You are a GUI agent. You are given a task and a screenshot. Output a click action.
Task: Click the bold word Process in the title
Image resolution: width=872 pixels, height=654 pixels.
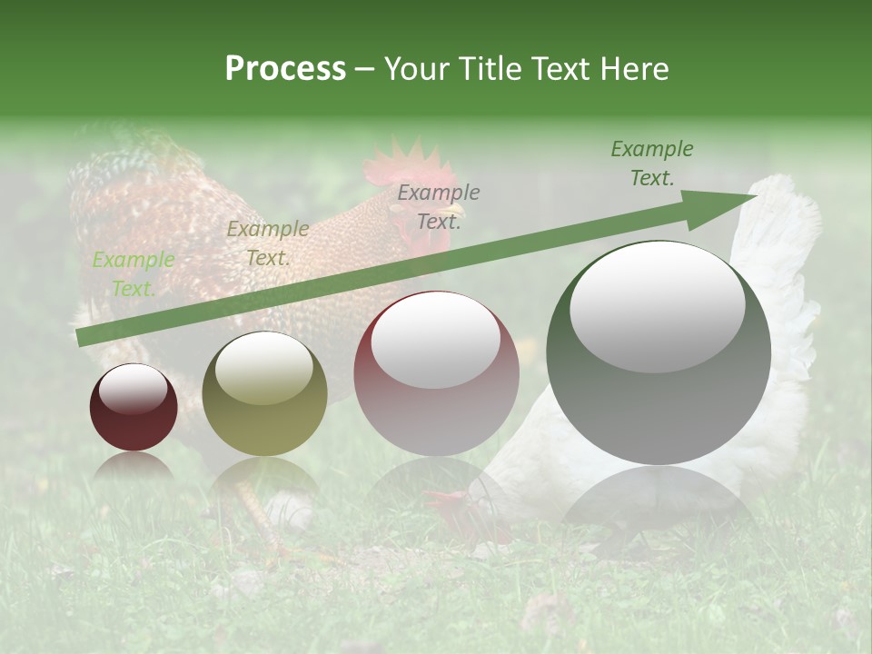point(285,68)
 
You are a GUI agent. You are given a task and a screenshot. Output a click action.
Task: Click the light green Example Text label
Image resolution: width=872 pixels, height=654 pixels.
point(133,273)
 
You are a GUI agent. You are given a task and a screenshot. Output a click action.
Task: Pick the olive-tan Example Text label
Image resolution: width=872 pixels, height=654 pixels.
point(267,243)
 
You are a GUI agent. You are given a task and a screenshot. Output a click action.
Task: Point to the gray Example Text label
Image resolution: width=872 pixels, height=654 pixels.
point(439,206)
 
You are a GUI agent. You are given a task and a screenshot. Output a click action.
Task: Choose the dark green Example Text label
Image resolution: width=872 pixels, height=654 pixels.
point(651,163)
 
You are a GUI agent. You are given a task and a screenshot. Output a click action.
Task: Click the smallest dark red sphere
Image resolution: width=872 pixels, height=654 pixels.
point(134,407)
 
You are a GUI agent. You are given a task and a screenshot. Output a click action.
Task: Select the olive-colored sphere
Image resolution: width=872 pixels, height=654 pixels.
point(264,393)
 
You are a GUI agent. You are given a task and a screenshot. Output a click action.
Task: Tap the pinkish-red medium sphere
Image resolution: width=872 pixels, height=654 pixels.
point(436,373)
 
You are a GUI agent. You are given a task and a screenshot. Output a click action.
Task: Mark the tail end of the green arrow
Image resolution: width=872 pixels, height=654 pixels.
point(82,337)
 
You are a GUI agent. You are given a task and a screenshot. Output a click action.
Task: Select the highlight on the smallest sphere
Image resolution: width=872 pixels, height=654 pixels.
point(133,388)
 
